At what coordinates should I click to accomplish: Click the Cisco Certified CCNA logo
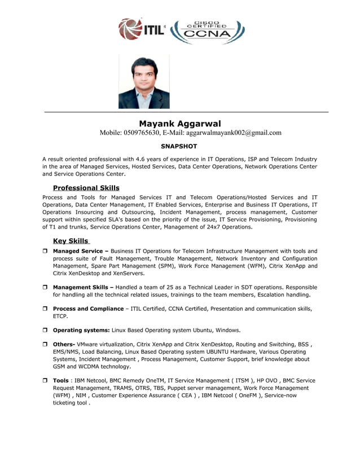208,32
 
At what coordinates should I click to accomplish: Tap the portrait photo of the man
144,82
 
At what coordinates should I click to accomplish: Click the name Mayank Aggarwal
180,124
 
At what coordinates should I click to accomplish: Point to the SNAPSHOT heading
179,146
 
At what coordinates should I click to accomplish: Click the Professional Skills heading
86,187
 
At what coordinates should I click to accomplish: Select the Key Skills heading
71,241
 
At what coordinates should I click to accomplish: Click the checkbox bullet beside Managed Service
45,251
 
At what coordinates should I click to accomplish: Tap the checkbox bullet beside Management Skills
45,288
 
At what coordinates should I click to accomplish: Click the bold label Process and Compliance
87,309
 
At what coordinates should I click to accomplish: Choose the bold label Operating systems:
81,330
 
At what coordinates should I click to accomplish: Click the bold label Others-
64,344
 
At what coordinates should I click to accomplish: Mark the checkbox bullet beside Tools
45,381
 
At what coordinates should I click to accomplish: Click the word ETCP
60,316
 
